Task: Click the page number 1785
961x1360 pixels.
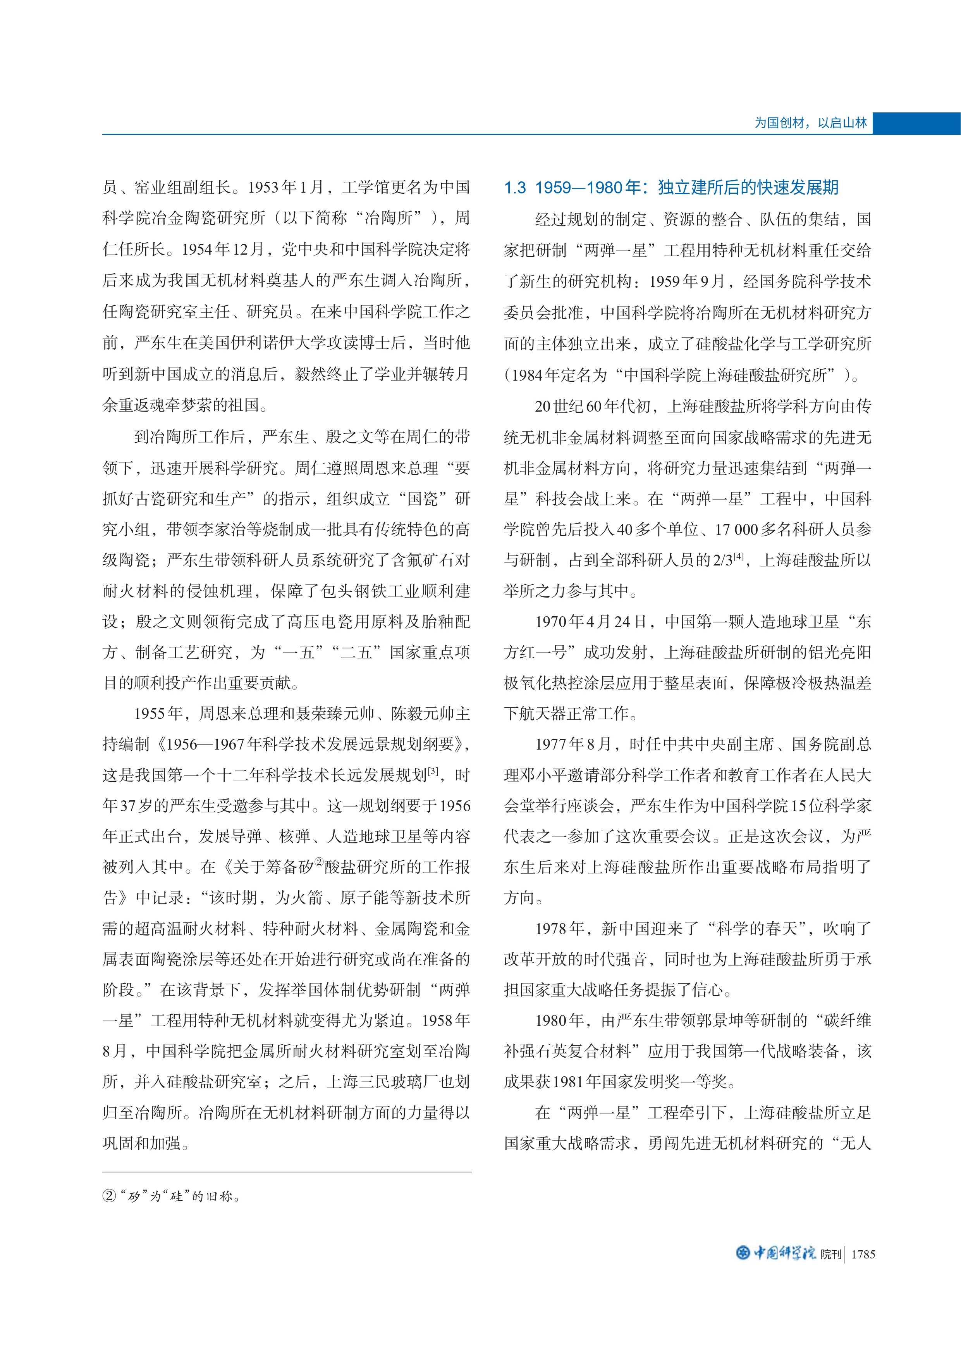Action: (862, 1254)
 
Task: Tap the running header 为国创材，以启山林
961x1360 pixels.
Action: (810, 123)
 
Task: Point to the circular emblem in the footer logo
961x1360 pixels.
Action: (743, 1253)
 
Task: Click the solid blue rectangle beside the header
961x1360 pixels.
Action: (916, 123)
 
